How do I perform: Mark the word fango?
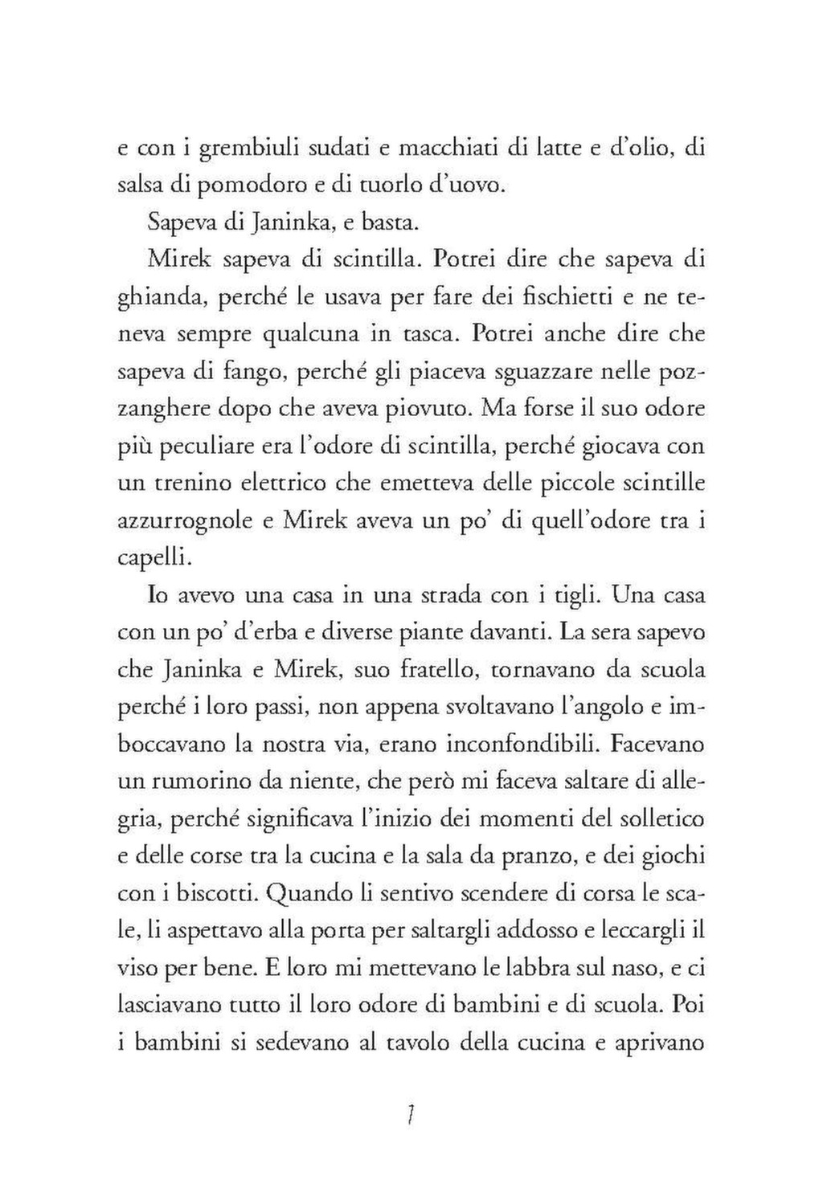[x=233, y=371]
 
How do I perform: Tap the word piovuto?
[x=426, y=408]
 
